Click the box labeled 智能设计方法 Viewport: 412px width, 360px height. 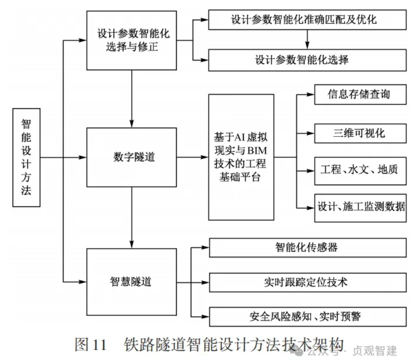pos(27,157)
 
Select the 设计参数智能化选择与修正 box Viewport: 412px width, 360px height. pos(130,41)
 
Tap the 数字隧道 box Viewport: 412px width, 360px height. pos(130,157)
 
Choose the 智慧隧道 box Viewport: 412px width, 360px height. pos(130,281)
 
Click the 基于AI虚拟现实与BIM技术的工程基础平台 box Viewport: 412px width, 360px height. pos(241,157)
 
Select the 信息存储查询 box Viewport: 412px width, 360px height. pos(359,94)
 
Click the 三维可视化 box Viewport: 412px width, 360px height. pos(359,132)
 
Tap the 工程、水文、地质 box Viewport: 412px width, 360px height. pos(359,170)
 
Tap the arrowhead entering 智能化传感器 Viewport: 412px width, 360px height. pos(205,247)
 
